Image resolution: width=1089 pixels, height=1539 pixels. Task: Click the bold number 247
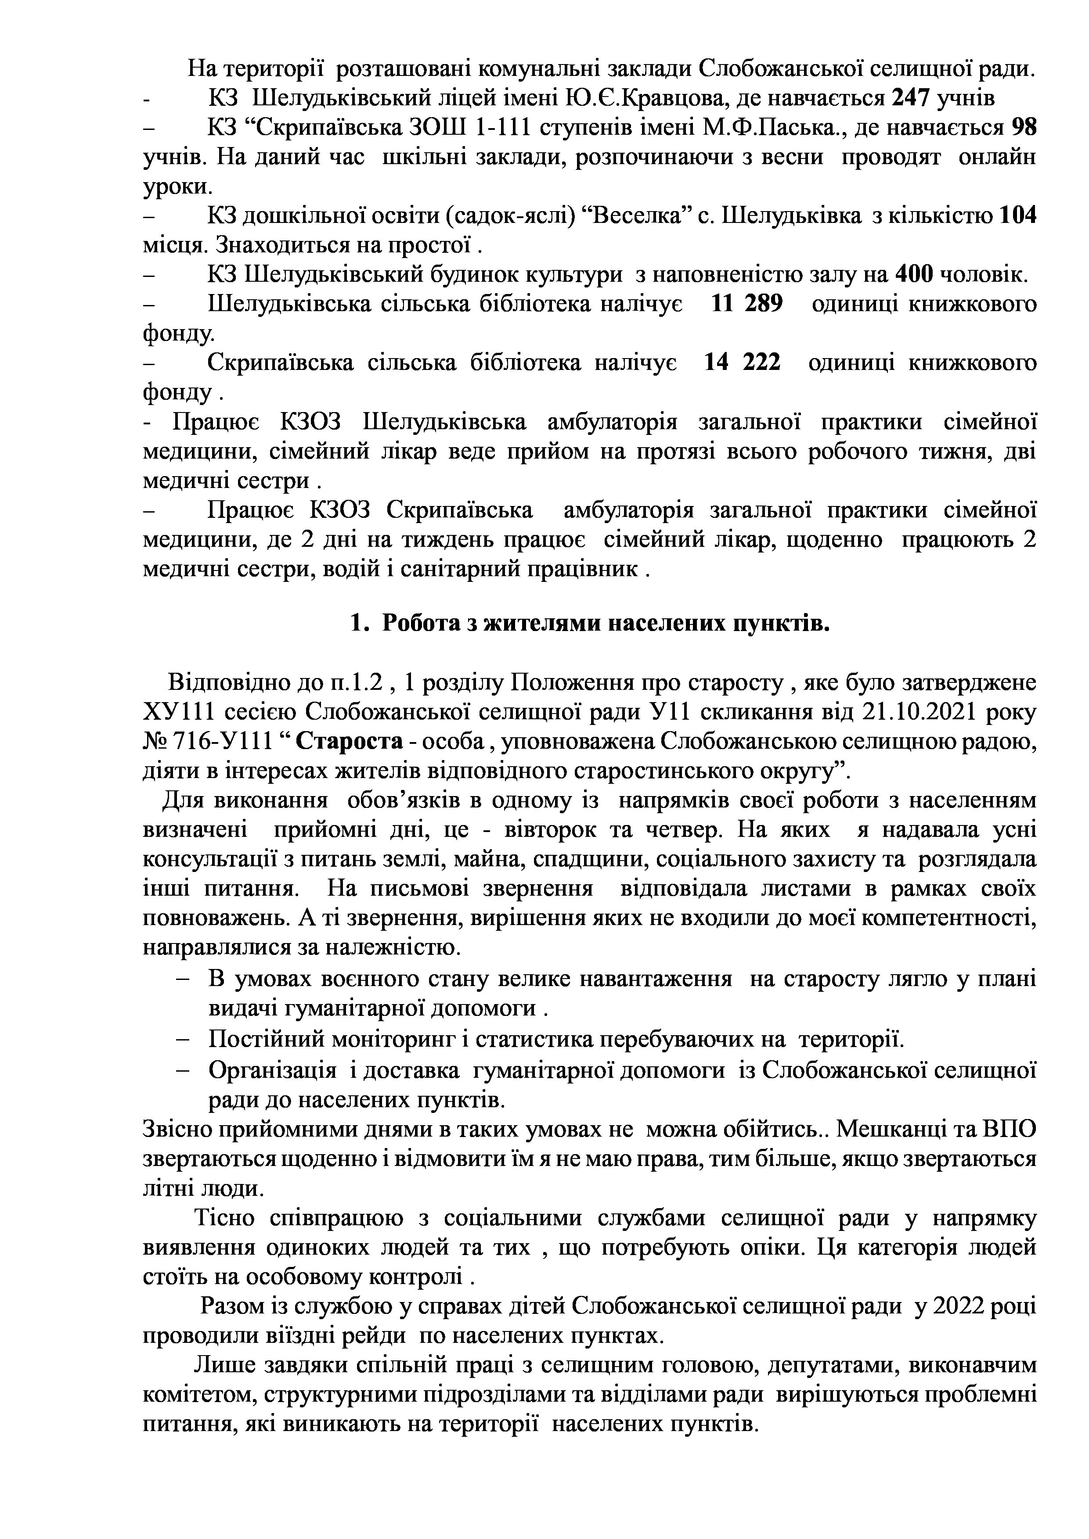click(909, 99)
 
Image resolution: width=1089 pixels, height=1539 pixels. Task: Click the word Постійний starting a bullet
click(266, 1040)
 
